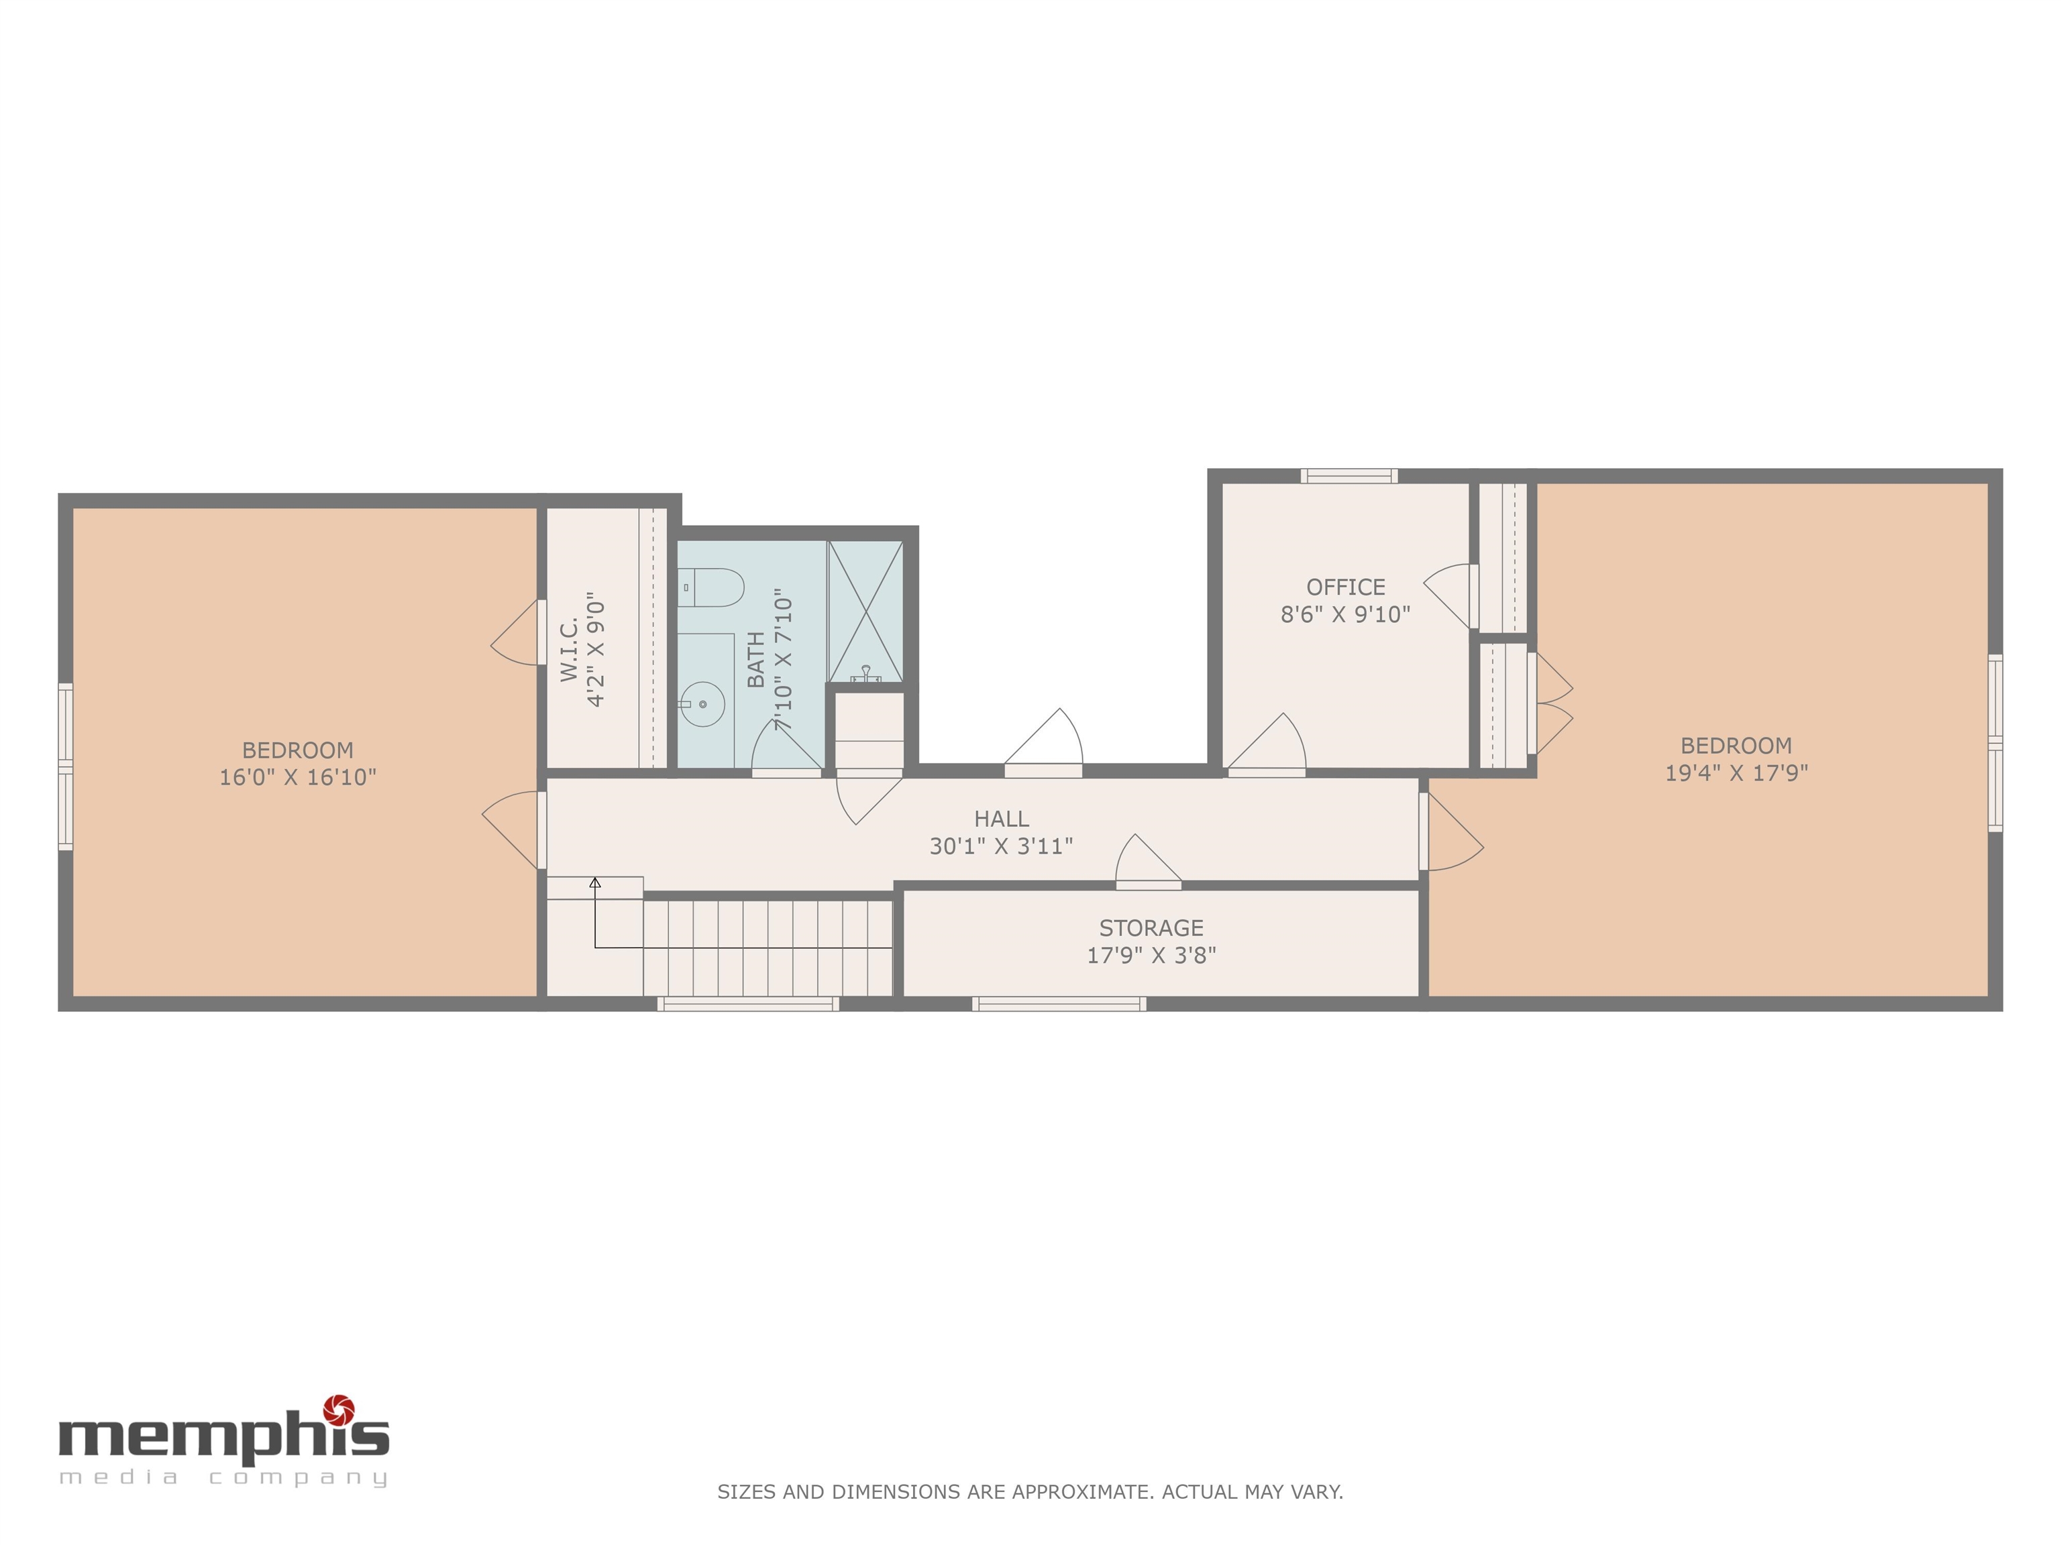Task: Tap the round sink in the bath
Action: [x=702, y=704]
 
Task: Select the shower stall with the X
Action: [x=865, y=612]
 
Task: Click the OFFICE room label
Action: [x=1345, y=587]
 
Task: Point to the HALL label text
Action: [x=1002, y=819]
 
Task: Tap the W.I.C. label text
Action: [x=570, y=648]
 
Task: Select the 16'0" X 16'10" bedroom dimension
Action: [x=298, y=777]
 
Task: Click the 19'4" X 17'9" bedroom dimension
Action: [x=1737, y=772]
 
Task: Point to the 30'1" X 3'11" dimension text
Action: [x=1002, y=846]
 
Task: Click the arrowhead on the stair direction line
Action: [x=595, y=882]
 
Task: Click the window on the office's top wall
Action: [x=1349, y=476]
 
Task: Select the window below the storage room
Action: [x=1059, y=1004]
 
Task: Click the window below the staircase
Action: [x=748, y=1004]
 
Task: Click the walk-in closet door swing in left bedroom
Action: [x=515, y=632]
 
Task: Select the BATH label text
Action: [x=755, y=659]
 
